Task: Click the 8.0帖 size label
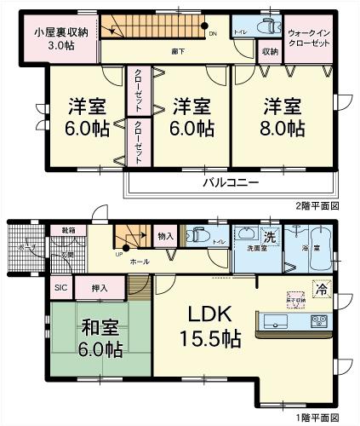284,130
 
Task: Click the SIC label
60,288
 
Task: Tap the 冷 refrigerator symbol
321,288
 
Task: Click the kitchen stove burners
319,321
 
